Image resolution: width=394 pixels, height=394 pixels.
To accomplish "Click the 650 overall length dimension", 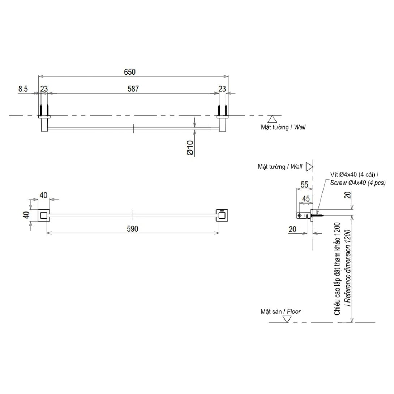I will click(129, 72).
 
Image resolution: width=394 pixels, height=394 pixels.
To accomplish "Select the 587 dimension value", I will click(133, 89).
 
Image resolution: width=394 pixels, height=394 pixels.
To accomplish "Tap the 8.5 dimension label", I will click(23, 89).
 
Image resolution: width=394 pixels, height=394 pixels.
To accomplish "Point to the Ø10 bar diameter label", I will click(190, 148).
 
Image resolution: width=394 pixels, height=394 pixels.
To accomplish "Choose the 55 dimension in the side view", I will click(304, 185).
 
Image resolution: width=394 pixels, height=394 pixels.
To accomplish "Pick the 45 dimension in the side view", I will click(306, 198).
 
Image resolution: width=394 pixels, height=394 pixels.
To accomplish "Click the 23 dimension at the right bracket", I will click(222, 89).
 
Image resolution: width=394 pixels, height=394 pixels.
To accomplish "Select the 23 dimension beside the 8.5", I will click(44, 89).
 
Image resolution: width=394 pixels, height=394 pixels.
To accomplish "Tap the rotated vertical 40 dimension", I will click(26, 215).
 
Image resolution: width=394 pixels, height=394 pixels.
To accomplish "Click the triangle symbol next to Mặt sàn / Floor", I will click(287, 319).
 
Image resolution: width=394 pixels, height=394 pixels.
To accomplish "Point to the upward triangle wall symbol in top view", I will click(273, 119).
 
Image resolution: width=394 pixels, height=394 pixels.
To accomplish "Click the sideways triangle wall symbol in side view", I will click(309, 166).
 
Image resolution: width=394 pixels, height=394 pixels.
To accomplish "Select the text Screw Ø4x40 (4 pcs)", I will click(358, 183).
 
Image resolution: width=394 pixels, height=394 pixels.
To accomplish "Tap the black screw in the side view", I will click(316, 215).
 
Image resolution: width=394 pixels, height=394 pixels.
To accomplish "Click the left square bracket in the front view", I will click(44, 215).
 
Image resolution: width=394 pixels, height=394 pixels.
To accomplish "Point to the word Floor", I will click(294, 311).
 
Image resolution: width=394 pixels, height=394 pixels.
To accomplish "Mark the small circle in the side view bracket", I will click(300, 215).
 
